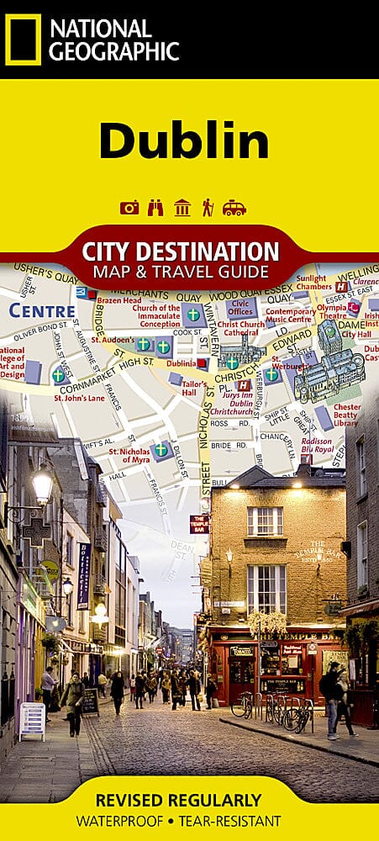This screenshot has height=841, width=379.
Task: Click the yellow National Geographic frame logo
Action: click(23, 40)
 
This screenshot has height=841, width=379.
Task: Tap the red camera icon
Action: click(129, 208)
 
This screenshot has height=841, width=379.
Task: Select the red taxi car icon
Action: click(234, 208)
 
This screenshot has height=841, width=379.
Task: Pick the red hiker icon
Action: click(207, 208)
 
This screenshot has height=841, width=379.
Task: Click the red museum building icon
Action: click(182, 208)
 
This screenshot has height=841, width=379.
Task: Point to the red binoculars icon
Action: click(155, 208)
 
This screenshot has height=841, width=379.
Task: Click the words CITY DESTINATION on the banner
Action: click(181, 251)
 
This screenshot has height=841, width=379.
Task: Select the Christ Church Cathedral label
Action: click(241, 328)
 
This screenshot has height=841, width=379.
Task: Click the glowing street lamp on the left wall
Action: click(42, 484)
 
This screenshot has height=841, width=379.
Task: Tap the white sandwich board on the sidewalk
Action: click(32, 721)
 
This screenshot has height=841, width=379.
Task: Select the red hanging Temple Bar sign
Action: click(199, 524)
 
